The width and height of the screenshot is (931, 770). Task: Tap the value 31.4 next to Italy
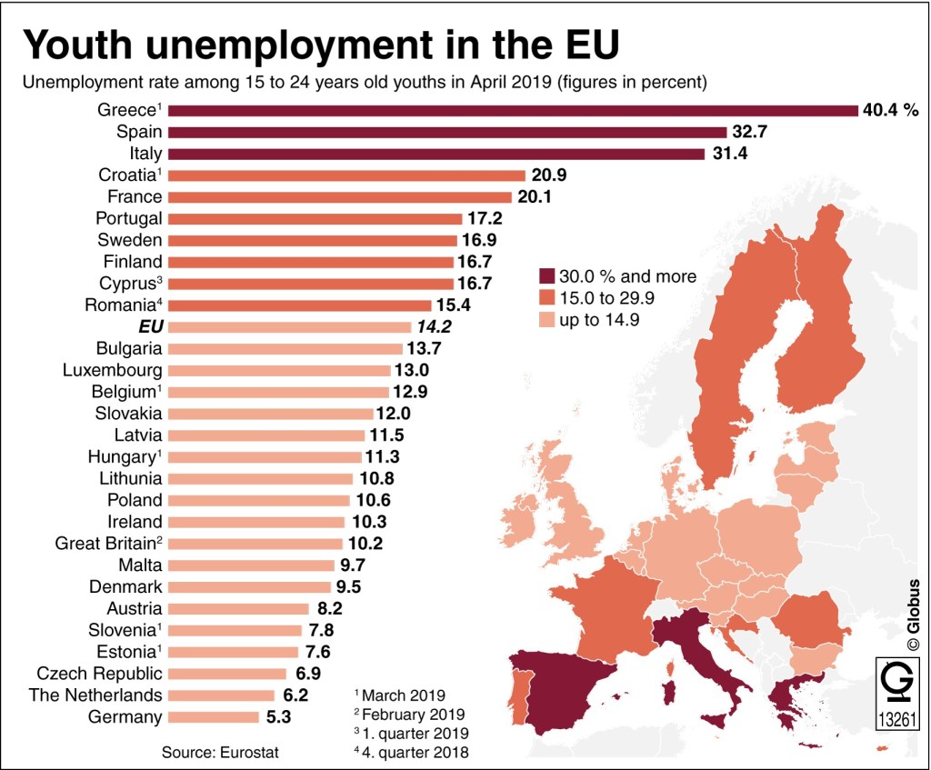tap(729, 154)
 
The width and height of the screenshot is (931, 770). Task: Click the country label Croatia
tap(129, 175)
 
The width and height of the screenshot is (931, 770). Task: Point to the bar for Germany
tap(213, 717)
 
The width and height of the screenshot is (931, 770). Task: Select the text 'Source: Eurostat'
tap(220, 752)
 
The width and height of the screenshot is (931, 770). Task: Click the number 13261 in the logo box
tap(896, 720)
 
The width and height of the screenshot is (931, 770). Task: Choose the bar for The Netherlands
tap(221, 695)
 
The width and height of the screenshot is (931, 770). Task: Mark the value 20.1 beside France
tap(536, 197)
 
